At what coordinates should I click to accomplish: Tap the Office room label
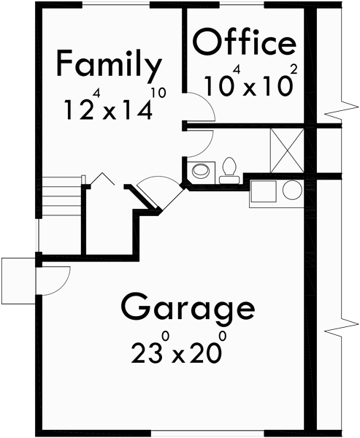(x=245, y=44)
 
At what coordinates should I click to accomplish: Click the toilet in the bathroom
(x=230, y=168)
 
